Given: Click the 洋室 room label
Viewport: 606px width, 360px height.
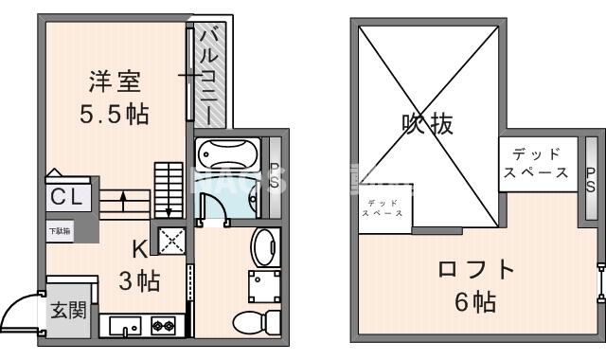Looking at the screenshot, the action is point(114,80).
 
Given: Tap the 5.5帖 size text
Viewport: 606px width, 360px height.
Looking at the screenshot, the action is point(114,115).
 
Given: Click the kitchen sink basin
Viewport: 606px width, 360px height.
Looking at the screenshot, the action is point(124,327).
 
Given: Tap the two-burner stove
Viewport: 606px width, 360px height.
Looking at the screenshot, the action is point(162,327).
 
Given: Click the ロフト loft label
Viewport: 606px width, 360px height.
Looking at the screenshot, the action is point(476,269).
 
